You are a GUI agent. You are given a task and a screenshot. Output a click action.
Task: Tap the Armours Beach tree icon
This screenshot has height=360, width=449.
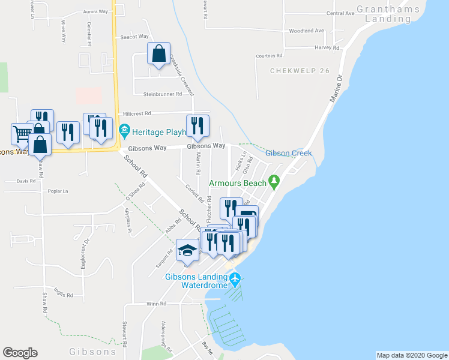[274, 180]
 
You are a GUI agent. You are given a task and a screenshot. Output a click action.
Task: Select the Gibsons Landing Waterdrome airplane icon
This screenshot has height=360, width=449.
[235, 278]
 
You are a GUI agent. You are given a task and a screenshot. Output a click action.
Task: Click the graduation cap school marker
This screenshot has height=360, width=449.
[187, 250]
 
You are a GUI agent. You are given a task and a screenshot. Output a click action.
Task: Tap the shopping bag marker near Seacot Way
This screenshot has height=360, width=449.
[158, 54]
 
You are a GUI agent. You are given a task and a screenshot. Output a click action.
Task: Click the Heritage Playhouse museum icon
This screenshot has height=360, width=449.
[124, 129]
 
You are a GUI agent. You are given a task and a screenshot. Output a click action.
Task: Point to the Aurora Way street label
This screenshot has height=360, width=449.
[95, 11]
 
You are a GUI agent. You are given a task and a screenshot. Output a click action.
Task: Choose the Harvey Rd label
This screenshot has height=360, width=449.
[328, 47]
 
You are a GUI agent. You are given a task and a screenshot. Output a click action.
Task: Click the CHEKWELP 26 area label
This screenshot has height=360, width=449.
[300, 71]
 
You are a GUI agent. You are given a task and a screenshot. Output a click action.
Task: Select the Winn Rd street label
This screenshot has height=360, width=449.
[155, 304]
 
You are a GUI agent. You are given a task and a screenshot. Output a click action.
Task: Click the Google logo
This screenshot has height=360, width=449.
[20, 353]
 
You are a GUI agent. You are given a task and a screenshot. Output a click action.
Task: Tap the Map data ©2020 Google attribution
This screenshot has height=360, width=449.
[411, 355]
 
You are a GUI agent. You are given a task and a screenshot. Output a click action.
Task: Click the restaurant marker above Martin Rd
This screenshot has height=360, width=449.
[197, 125]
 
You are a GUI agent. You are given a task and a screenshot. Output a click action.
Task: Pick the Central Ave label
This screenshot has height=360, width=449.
[340, 13]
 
